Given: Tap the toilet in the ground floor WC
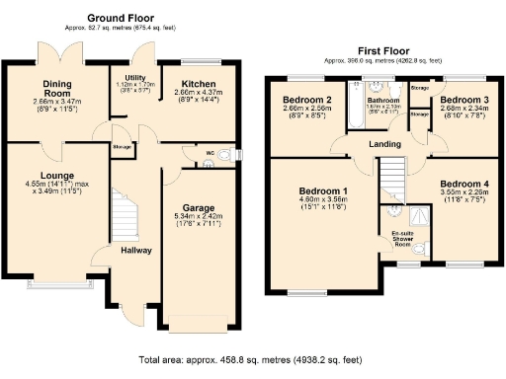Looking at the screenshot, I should coord(225,155).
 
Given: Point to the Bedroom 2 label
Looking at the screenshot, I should coord(305,101).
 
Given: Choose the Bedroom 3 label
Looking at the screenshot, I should coord(464,101).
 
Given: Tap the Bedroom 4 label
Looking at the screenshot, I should coord(464,185).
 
